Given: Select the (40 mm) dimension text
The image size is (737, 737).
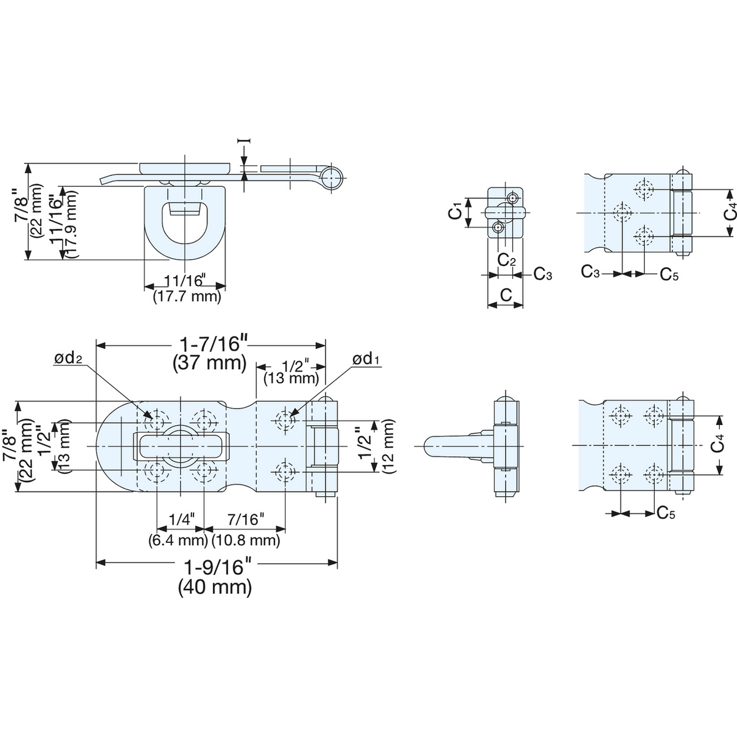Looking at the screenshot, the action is (215, 587).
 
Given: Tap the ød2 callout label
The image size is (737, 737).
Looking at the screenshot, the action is (68, 358).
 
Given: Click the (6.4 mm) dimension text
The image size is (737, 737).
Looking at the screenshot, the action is (178, 540).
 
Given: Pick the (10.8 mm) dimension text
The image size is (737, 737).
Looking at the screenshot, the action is (246, 540).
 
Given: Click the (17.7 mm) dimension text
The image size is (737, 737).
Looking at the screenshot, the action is (187, 297).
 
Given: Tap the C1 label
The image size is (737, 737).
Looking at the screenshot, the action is (455, 213).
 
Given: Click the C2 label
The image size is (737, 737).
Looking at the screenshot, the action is (506, 260).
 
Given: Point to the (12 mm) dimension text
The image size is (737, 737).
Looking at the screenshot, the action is (388, 446).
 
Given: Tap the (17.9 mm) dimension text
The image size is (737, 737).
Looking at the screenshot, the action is (71, 225).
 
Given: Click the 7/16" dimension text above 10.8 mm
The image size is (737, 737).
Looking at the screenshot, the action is (246, 520).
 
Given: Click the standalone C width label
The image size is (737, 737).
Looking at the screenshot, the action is (505, 295).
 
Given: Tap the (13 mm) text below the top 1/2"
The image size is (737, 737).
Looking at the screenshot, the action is (292, 379).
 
